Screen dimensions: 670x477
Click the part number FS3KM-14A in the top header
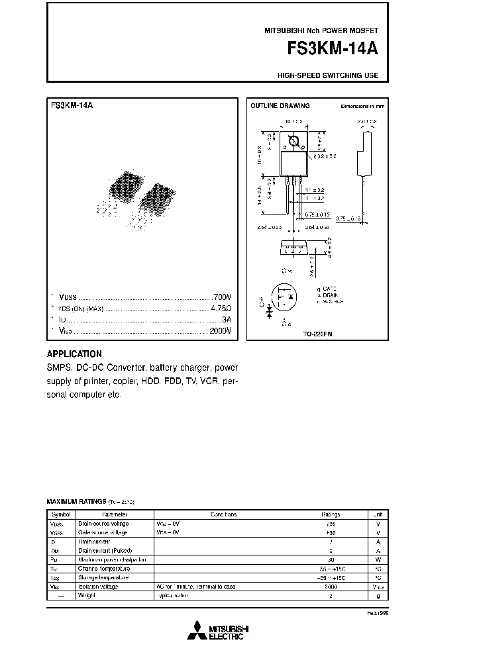point(333,49)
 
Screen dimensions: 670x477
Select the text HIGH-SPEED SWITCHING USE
point(328,75)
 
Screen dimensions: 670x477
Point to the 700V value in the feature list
point(221,297)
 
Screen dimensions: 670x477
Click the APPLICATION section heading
point(74,354)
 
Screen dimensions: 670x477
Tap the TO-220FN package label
point(317,335)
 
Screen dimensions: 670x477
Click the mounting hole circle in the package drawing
point(293,141)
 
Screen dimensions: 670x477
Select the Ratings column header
point(331,514)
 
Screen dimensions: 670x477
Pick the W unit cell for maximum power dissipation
point(378,559)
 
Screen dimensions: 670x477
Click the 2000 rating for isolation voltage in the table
point(330,586)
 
